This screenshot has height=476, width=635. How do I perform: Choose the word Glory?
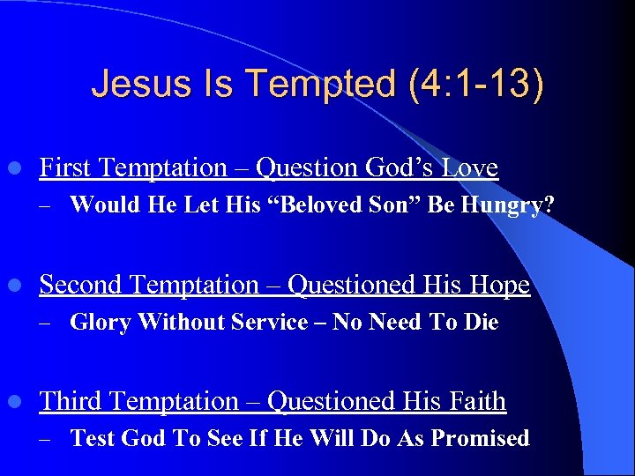coord(101,322)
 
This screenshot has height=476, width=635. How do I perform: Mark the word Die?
coord(482,322)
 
